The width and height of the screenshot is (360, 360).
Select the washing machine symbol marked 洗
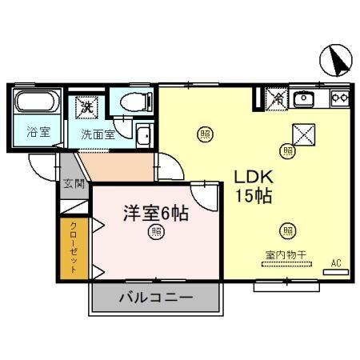[x=86, y=105]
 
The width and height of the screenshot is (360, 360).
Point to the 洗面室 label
[x=98, y=134]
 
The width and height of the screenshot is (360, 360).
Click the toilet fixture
[x=131, y=102]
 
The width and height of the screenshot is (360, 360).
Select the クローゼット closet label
[x=74, y=247]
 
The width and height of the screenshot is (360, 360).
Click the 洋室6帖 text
[x=154, y=213]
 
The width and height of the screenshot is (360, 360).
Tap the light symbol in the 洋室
[x=156, y=233]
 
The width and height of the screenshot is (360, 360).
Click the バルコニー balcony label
[x=155, y=298]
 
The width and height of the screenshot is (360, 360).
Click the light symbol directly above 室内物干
[x=287, y=231]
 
